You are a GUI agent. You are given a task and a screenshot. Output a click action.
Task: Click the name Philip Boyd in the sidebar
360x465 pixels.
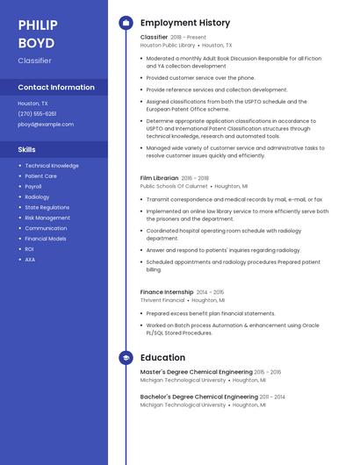coord(38,34)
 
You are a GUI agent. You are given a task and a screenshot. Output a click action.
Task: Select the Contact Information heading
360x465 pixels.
coord(56,87)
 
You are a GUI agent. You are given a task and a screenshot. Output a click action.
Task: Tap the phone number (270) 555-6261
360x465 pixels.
coord(37,113)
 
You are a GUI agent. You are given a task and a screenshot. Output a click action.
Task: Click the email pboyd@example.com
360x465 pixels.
coord(46,124)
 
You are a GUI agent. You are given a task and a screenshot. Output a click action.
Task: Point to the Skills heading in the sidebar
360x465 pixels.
coord(26,149)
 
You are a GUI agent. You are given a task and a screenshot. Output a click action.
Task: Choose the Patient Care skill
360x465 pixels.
coord(41,175)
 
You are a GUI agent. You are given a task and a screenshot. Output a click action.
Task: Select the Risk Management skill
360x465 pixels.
coord(47,218)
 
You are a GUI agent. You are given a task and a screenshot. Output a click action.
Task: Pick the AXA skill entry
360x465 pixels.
coord(30,260)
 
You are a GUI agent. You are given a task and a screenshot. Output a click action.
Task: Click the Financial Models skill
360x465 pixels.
coord(46,239)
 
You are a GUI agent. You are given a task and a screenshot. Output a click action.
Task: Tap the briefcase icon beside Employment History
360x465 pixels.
coord(126,23)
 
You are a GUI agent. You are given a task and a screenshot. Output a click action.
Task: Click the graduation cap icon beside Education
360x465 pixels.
coord(126,358)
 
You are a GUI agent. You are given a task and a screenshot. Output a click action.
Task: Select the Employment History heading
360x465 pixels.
coord(185,23)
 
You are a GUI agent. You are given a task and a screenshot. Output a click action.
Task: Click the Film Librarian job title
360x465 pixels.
coord(159,178)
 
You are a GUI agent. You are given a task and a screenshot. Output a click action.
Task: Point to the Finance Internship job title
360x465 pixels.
coord(166,292)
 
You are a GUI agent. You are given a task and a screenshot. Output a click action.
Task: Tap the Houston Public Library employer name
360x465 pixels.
coord(168,45)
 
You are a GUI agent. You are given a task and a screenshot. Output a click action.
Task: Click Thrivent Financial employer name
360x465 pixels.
coord(162,300)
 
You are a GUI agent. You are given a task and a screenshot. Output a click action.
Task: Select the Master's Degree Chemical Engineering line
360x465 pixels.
coord(196,373)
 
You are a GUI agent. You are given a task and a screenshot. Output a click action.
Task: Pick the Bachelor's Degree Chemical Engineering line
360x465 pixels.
coord(198,397)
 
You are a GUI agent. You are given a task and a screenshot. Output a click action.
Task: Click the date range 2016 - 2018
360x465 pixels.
coord(196,178)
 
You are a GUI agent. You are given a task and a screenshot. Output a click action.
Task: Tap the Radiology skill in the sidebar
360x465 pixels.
coord(37,197)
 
